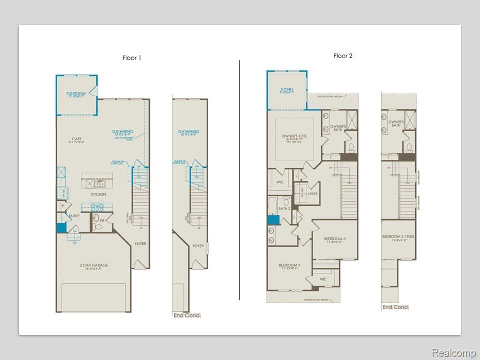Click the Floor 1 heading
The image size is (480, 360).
pyautogui.click(x=132, y=58)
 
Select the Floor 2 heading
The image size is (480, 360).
pyautogui.click(x=343, y=56)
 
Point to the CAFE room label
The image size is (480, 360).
pyautogui.click(x=76, y=140)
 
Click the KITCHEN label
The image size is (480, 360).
pyautogui.click(x=98, y=194)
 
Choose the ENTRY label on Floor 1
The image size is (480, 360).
pyautogui.click(x=74, y=216)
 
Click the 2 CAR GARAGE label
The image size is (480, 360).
pyautogui.click(x=93, y=266)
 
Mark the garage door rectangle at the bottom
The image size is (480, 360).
pyautogui.click(x=93, y=298)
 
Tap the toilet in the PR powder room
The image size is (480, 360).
pyautogui.click(x=98, y=227)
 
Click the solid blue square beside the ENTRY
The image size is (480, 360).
pyautogui.click(x=61, y=228)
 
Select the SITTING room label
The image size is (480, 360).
pyautogui.click(x=287, y=90)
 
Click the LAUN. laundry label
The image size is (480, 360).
pyautogui.click(x=313, y=193)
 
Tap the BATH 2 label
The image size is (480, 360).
pyautogui.click(x=285, y=208)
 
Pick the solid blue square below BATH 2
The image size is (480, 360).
pyautogui.click(x=273, y=220)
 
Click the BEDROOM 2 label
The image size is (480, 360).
pyautogui.click(x=289, y=265)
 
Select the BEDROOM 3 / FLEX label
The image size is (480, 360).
pyautogui.click(x=398, y=237)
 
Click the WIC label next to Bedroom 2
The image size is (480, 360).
pyautogui.click(x=323, y=279)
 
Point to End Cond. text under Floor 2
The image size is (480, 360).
pyautogui.click(x=395, y=307)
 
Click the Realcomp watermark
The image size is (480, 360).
pyautogui.click(x=453, y=353)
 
